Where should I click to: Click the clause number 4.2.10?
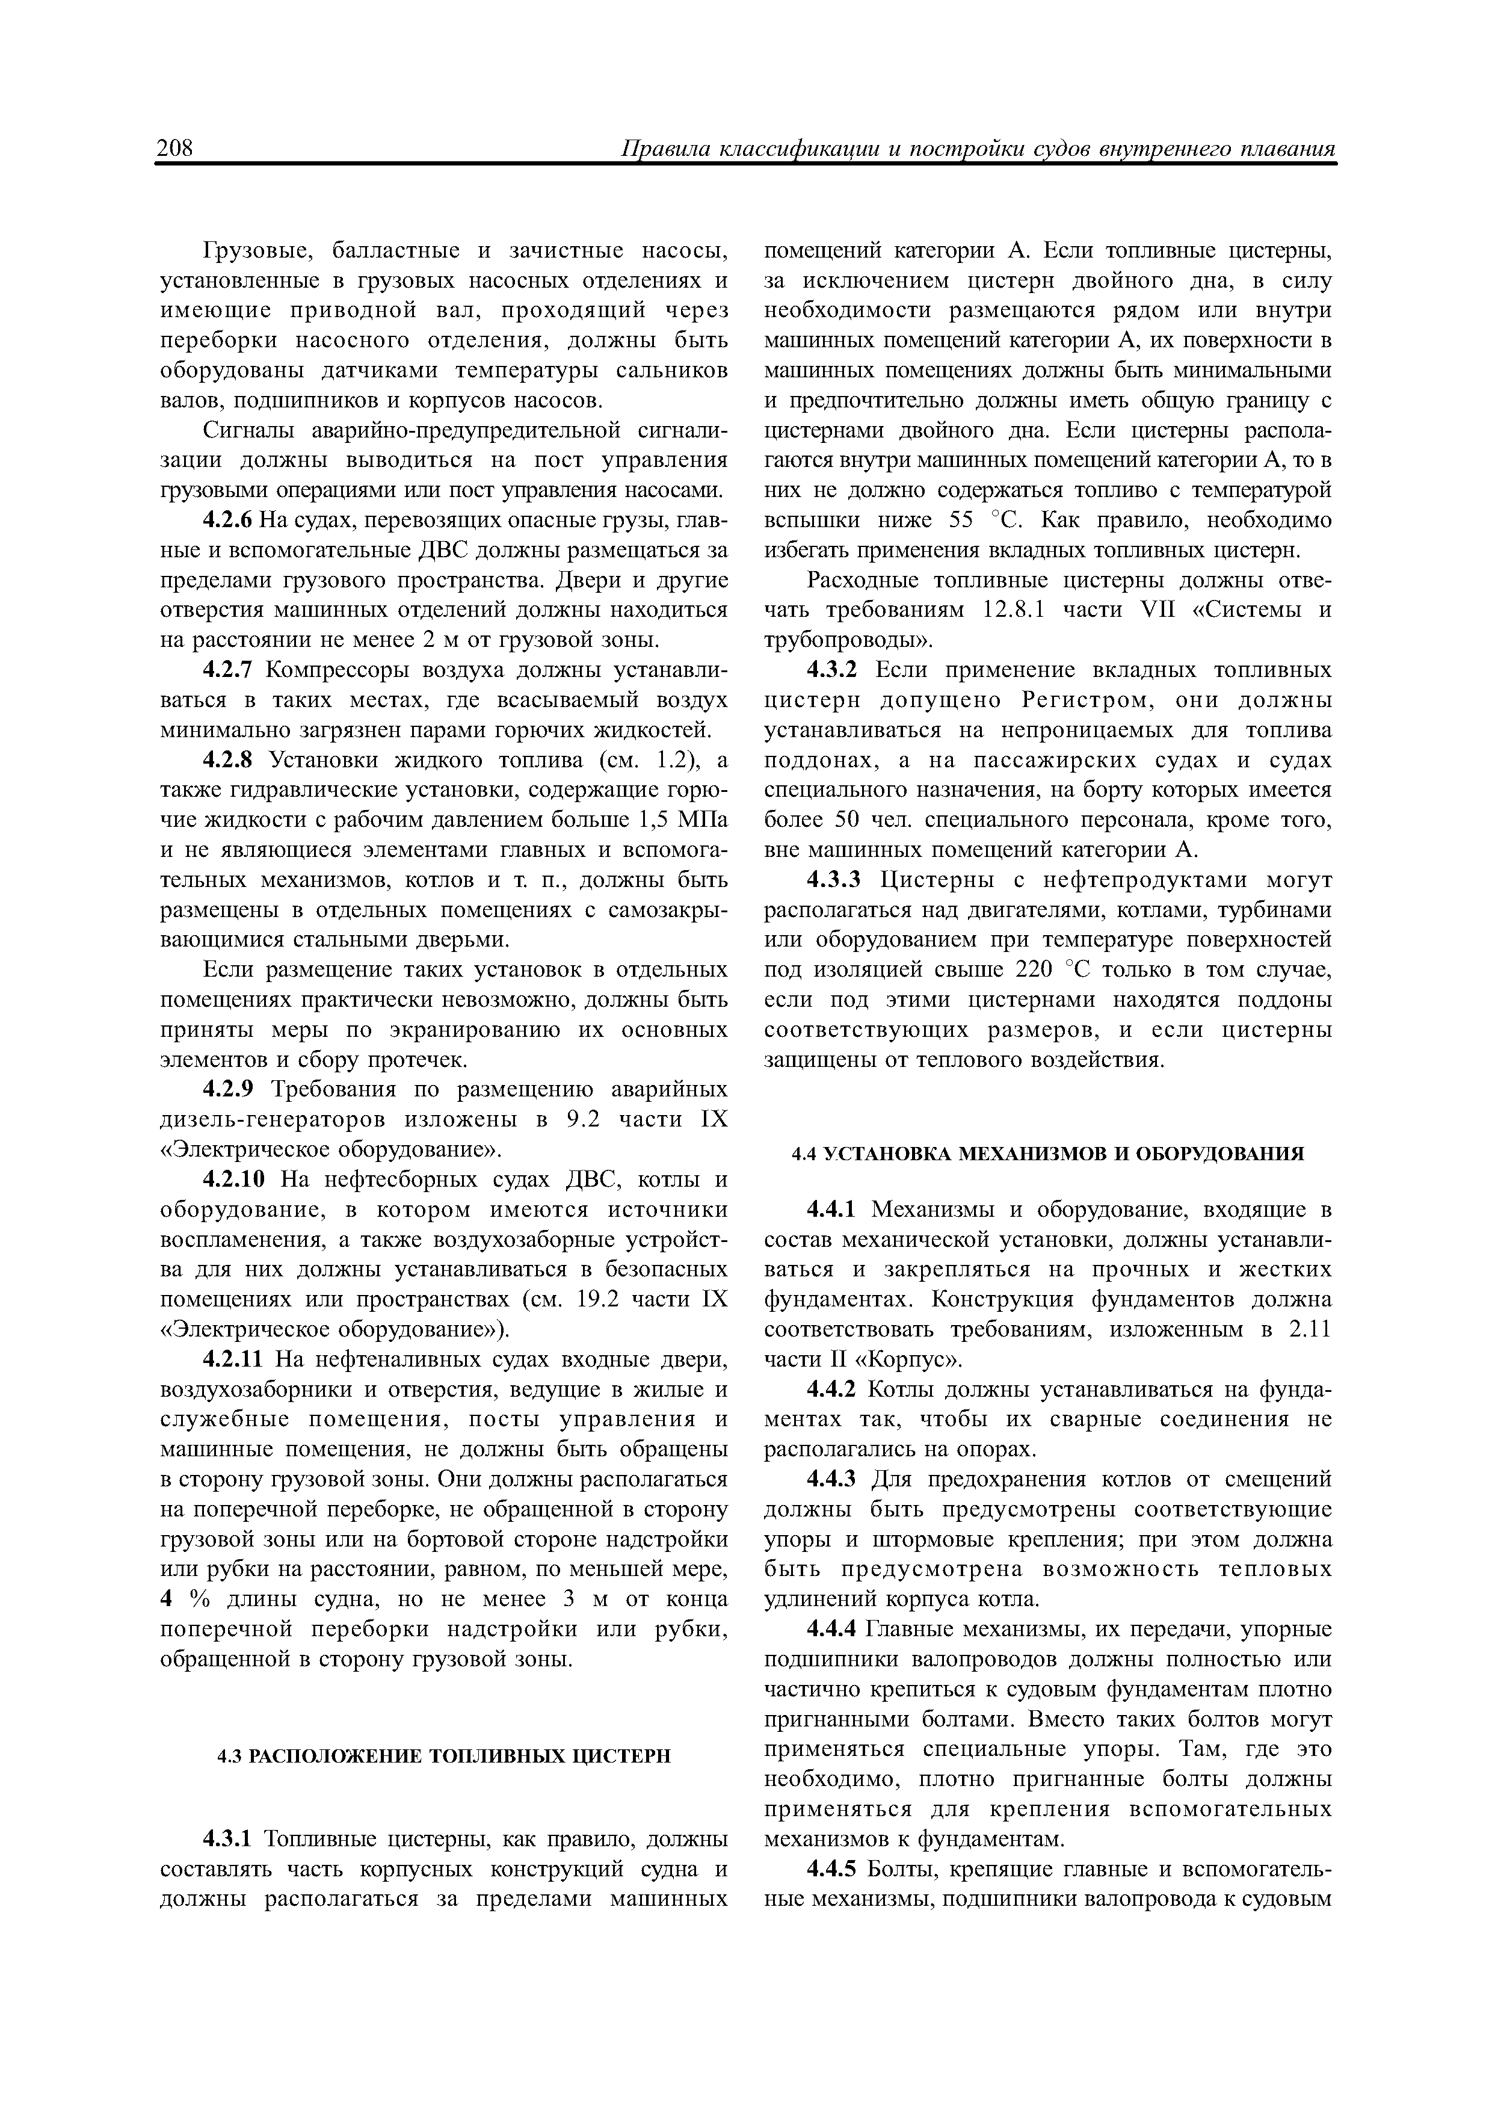pyautogui.click(x=235, y=1179)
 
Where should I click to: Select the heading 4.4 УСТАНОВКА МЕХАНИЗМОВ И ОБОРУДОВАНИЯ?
pyautogui.click(x=1048, y=1153)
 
